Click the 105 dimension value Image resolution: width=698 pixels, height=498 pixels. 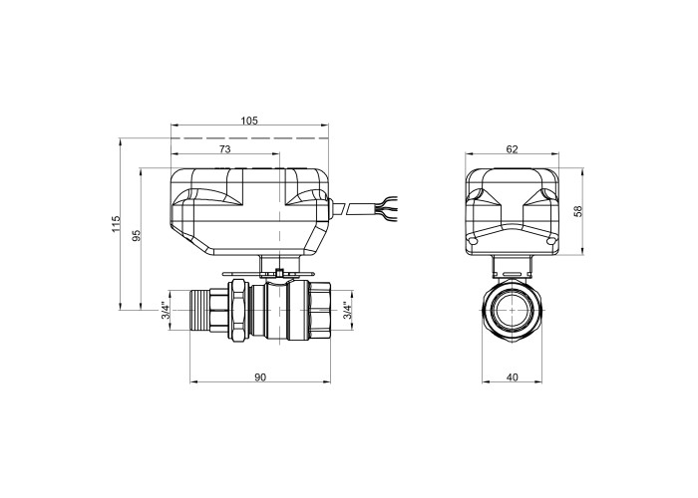pyautogui.click(x=249, y=121)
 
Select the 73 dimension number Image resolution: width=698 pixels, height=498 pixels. pyautogui.click(x=225, y=149)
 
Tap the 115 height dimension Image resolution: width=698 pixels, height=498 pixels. pyautogui.click(x=117, y=224)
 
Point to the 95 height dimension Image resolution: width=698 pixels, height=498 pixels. pyautogui.click(x=138, y=235)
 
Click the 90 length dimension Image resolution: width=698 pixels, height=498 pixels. pyautogui.click(x=260, y=377)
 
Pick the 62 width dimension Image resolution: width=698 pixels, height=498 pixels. pyautogui.click(x=513, y=149)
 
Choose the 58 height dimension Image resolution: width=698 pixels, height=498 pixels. pyautogui.click(x=577, y=211)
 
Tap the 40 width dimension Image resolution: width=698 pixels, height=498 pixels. pyautogui.click(x=513, y=377)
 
